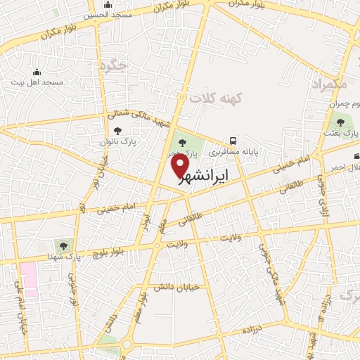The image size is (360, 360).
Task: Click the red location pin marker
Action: point(181,165)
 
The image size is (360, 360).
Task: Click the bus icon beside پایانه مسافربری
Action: point(233,140)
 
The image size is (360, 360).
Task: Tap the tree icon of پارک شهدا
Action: point(64,245)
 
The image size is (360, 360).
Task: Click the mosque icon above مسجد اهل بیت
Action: point(37,72)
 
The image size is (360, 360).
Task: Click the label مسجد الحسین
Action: point(105,15)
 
